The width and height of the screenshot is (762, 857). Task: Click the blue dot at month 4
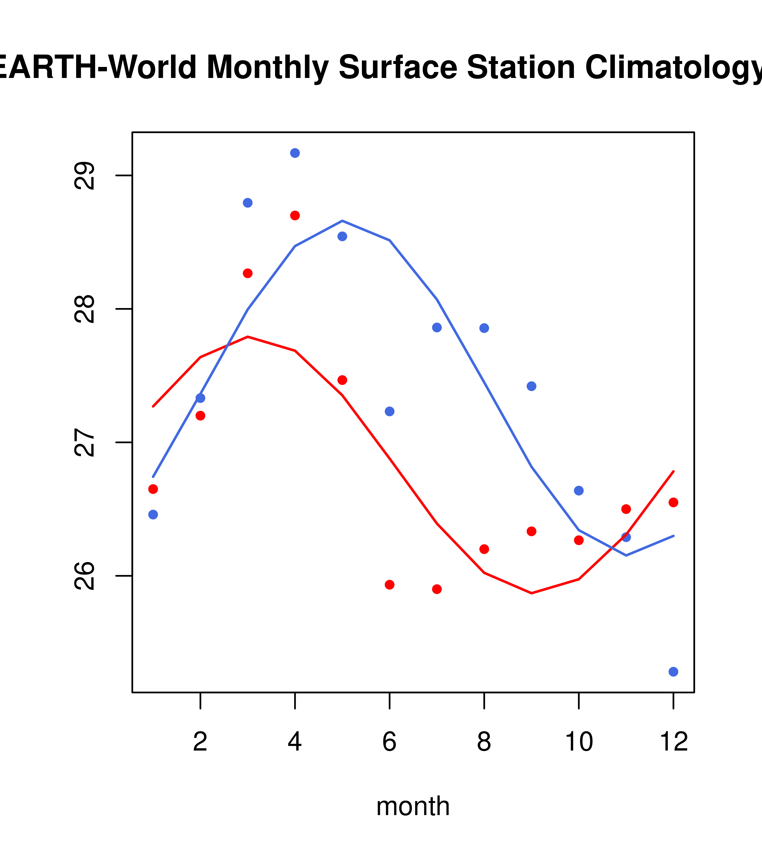(x=295, y=153)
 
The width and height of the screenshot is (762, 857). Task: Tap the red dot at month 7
(x=437, y=589)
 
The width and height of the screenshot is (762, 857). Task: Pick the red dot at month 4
(x=295, y=216)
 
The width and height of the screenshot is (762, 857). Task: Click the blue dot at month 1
(x=153, y=515)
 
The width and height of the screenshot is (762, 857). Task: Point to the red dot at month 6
(x=390, y=584)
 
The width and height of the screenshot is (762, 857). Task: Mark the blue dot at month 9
(x=531, y=386)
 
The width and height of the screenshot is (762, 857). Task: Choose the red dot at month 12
(x=673, y=502)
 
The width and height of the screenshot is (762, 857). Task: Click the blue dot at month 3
(x=247, y=203)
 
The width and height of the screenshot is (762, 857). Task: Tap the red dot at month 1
(x=153, y=489)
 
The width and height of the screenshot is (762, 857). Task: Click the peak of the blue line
(x=342, y=220)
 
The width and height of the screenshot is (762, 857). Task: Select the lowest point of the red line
(x=531, y=593)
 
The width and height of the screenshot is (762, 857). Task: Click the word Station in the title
(x=521, y=67)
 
